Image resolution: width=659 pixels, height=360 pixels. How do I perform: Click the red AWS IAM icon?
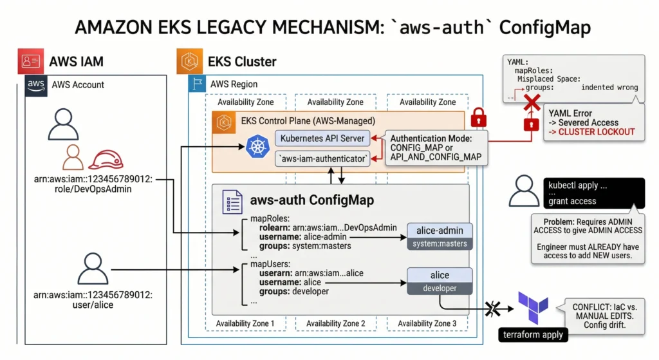point(31,61)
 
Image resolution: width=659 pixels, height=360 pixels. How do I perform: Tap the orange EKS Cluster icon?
point(189,61)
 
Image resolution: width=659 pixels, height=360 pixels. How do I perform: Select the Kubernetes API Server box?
point(322,138)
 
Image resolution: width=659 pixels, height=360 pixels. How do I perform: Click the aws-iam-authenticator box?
point(322,159)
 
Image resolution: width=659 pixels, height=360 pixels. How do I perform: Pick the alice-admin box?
point(440,231)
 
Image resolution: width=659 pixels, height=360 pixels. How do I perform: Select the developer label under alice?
point(440,289)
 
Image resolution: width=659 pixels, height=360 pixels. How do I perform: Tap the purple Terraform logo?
point(534,308)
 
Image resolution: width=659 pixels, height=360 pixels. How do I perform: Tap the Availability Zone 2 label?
point(336,323)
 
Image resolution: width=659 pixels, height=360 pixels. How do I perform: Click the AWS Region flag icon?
point(197,84)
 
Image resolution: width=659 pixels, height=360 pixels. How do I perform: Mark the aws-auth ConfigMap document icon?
point(232,201)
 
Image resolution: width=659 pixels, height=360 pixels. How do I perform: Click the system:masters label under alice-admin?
point(440,243)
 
